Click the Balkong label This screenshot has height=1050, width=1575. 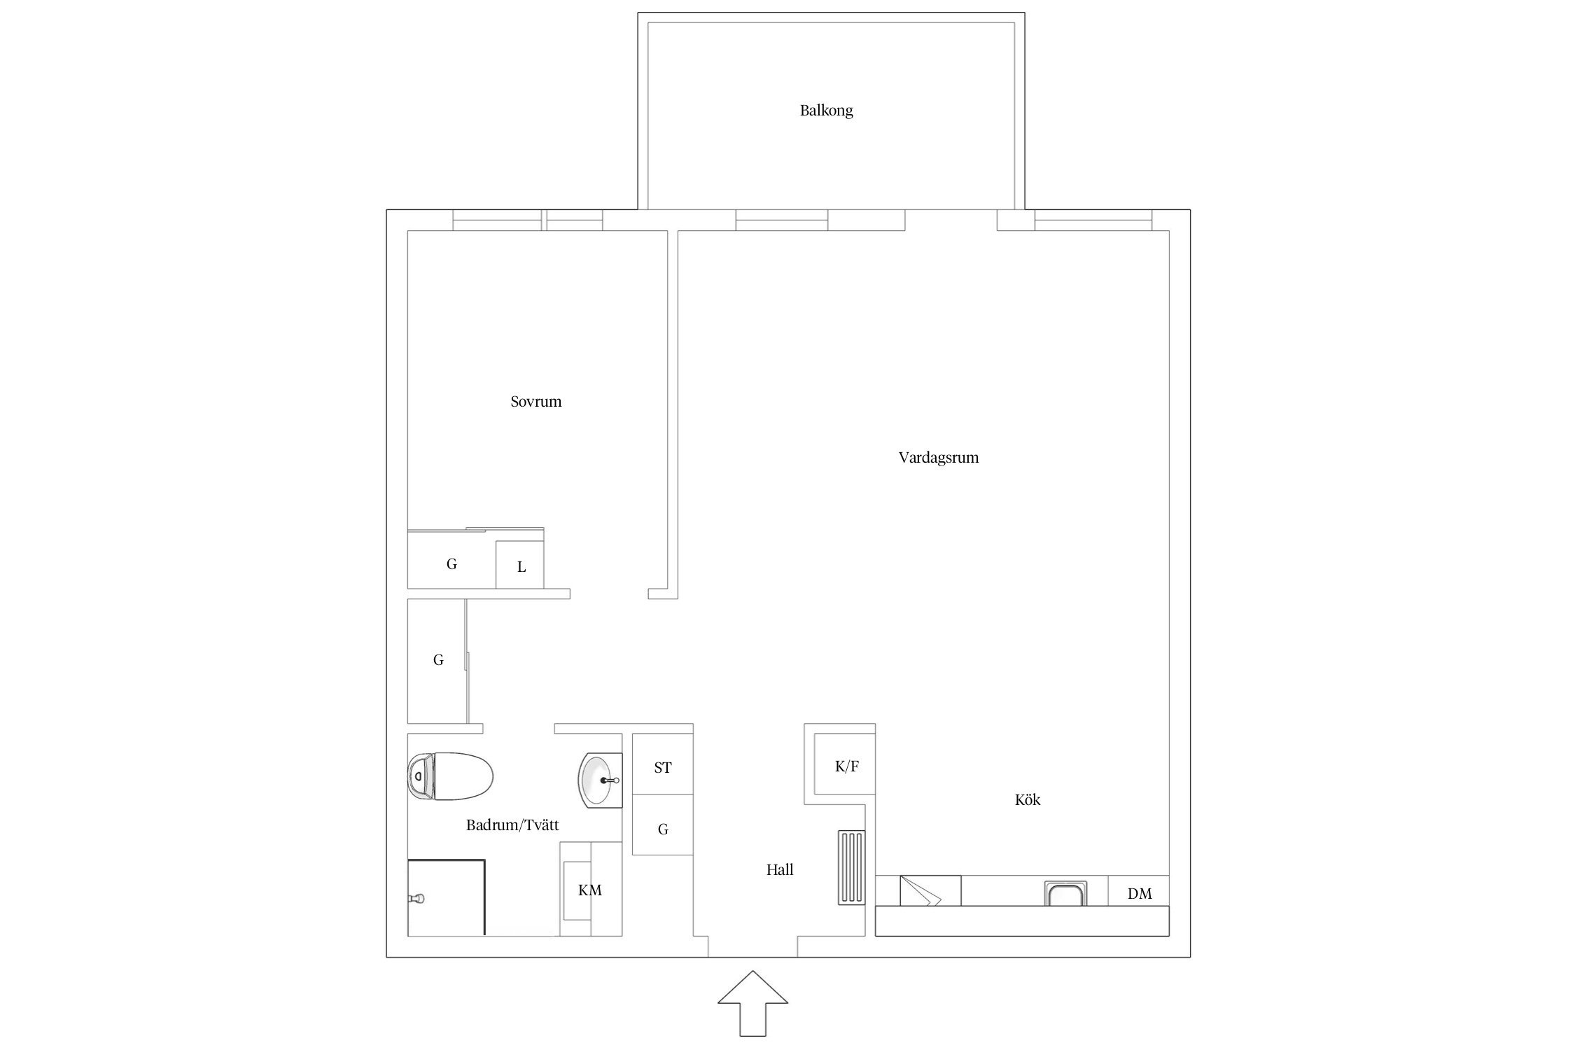[826, 111]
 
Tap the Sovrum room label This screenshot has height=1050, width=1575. [535, 402]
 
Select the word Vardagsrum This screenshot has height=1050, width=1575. [938, 458]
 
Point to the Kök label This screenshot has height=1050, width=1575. [1028, 799]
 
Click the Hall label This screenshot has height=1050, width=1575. [780, 869]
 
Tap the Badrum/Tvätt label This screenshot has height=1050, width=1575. [512, 825]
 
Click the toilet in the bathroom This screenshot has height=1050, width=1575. [450, 776]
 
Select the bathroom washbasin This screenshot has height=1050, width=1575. [600, 780]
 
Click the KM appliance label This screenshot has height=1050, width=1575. [590, 890]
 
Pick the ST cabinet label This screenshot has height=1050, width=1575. [663, 768]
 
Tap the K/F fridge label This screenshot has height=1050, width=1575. [847, 766]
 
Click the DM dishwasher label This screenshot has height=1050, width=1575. [1140, 893]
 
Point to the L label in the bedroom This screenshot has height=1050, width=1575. [521, 567]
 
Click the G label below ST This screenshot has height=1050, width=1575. [663, 829]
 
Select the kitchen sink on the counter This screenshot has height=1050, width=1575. [1066, 893]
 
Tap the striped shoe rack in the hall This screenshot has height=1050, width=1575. [851, 868]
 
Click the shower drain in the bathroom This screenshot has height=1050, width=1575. [418, 897]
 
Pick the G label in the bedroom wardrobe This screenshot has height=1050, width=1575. [451, 563]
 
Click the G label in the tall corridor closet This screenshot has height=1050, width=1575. [438, 659]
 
